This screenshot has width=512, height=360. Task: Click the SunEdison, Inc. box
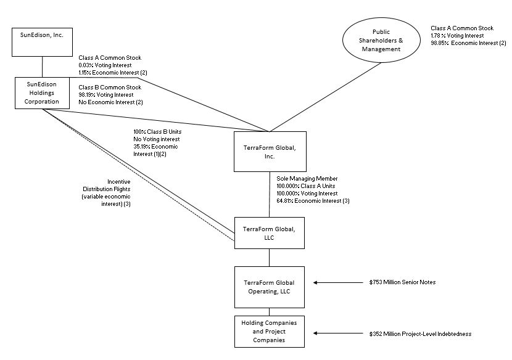(x=42, y=41)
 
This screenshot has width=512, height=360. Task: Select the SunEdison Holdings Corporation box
(x=42, y=92)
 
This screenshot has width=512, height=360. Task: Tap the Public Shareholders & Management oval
(x=381, y=39)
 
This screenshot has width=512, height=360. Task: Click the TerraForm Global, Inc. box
(x=270, y=152)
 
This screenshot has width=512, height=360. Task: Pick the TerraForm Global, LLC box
(x=270, y=232)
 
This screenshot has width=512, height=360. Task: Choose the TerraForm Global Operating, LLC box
(x=270, y=287)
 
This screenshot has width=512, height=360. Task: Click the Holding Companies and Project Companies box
(x=270, y=331)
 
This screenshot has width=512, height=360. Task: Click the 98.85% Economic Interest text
(x=468, y=43)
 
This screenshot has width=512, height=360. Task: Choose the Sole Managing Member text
(x=307, y=179)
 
